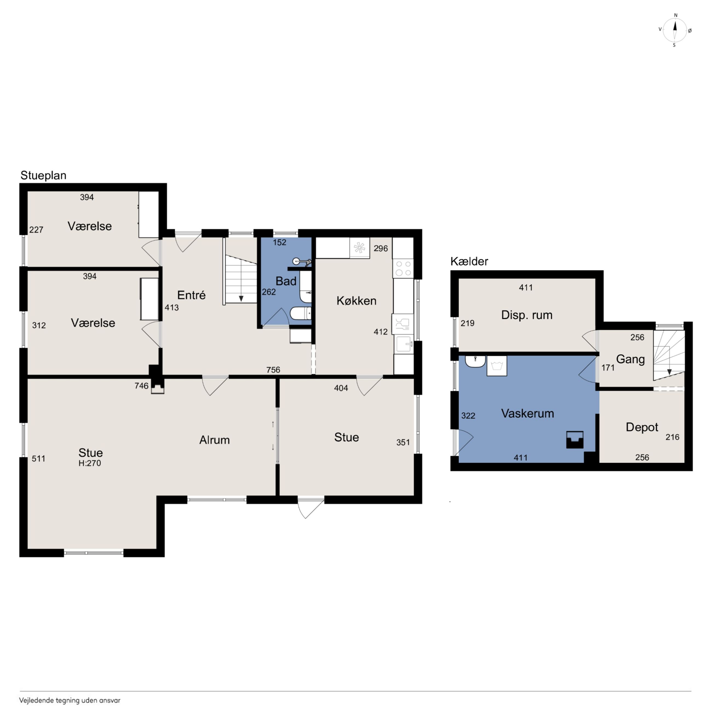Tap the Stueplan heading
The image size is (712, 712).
[44, 175]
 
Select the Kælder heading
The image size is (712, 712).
[469, 261]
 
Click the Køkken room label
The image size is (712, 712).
[356, 301]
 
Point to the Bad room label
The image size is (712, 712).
[286, 281]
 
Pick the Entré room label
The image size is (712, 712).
[191, 295]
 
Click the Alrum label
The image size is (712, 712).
[214, 440]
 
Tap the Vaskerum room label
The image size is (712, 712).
[527, 413]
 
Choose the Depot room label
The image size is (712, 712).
[642, 427]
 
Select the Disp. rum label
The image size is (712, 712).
[527, 315]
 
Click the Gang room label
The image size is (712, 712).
[631, 359]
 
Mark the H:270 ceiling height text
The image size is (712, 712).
[90, 463]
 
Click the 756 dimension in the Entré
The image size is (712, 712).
[273, 370]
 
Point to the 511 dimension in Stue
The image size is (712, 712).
[38, 459]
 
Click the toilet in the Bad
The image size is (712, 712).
[301, 314]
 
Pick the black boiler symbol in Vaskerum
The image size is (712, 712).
[575, 440]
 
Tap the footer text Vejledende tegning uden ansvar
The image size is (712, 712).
[70, 700]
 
